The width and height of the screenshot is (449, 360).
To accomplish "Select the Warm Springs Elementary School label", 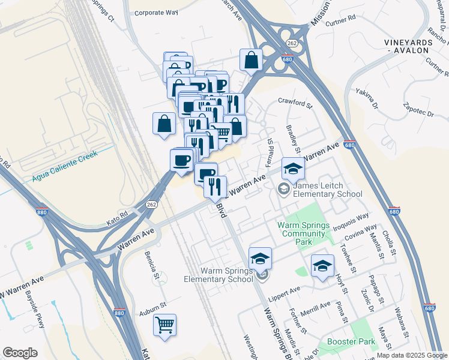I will [218, 275].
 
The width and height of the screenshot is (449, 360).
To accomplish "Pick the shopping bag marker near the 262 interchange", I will [252, 59].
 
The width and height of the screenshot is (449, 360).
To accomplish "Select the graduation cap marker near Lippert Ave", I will [322, 266].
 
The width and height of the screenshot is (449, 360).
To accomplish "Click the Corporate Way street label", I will [156, 12].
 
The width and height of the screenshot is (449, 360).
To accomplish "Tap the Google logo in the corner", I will [20, 352].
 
